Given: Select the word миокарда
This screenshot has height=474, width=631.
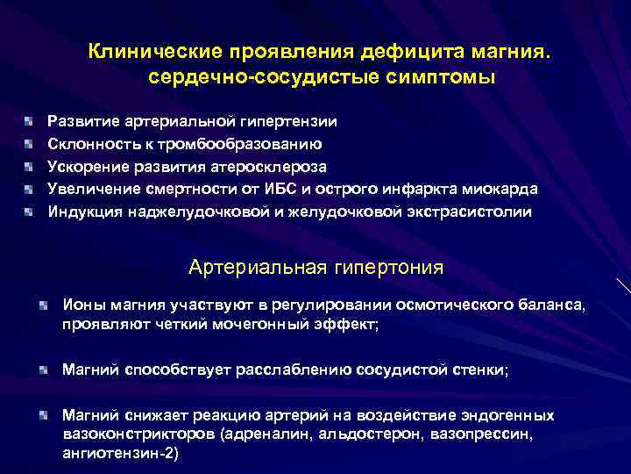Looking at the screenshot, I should click(498, 189).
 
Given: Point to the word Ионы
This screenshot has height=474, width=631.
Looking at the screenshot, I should click(82, 304).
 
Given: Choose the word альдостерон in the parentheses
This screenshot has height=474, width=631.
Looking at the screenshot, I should click(338, 434).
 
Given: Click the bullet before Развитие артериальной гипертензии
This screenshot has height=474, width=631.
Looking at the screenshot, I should click(30, 120).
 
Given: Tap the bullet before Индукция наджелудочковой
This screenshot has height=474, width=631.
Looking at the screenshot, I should click(30, 212).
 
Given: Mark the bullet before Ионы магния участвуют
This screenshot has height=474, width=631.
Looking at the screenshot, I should click(44, 305).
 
